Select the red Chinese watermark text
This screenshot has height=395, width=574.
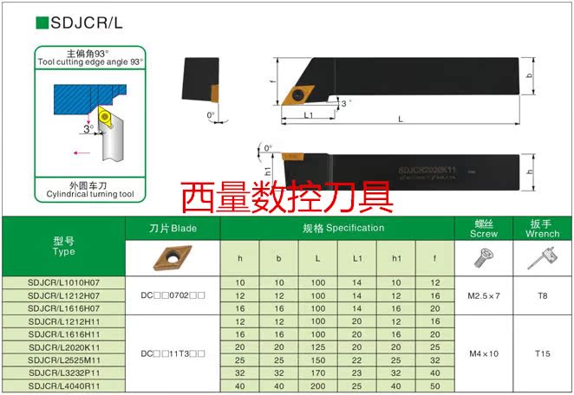(x=287, y=196)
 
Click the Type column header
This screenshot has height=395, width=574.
(x=63, y=246)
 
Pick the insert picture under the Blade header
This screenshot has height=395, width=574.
(x=173, y=257)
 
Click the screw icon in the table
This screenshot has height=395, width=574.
(x=484, y=257)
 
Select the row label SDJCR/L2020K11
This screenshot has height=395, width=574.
(x=63, y=346)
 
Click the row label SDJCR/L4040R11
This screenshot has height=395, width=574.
(x=63, y=385)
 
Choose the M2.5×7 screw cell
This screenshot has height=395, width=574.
(x=484, y=296)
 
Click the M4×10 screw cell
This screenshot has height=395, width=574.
(x=484, y=353)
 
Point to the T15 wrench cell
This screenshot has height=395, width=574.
(x=542, y=353)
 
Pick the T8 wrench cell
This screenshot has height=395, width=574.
(x=542, y=296)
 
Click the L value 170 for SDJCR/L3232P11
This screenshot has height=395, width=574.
(x=318, y=372)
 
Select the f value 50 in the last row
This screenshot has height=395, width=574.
(x=435, y=385)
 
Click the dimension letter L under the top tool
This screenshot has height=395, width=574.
(x=400, y=118)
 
